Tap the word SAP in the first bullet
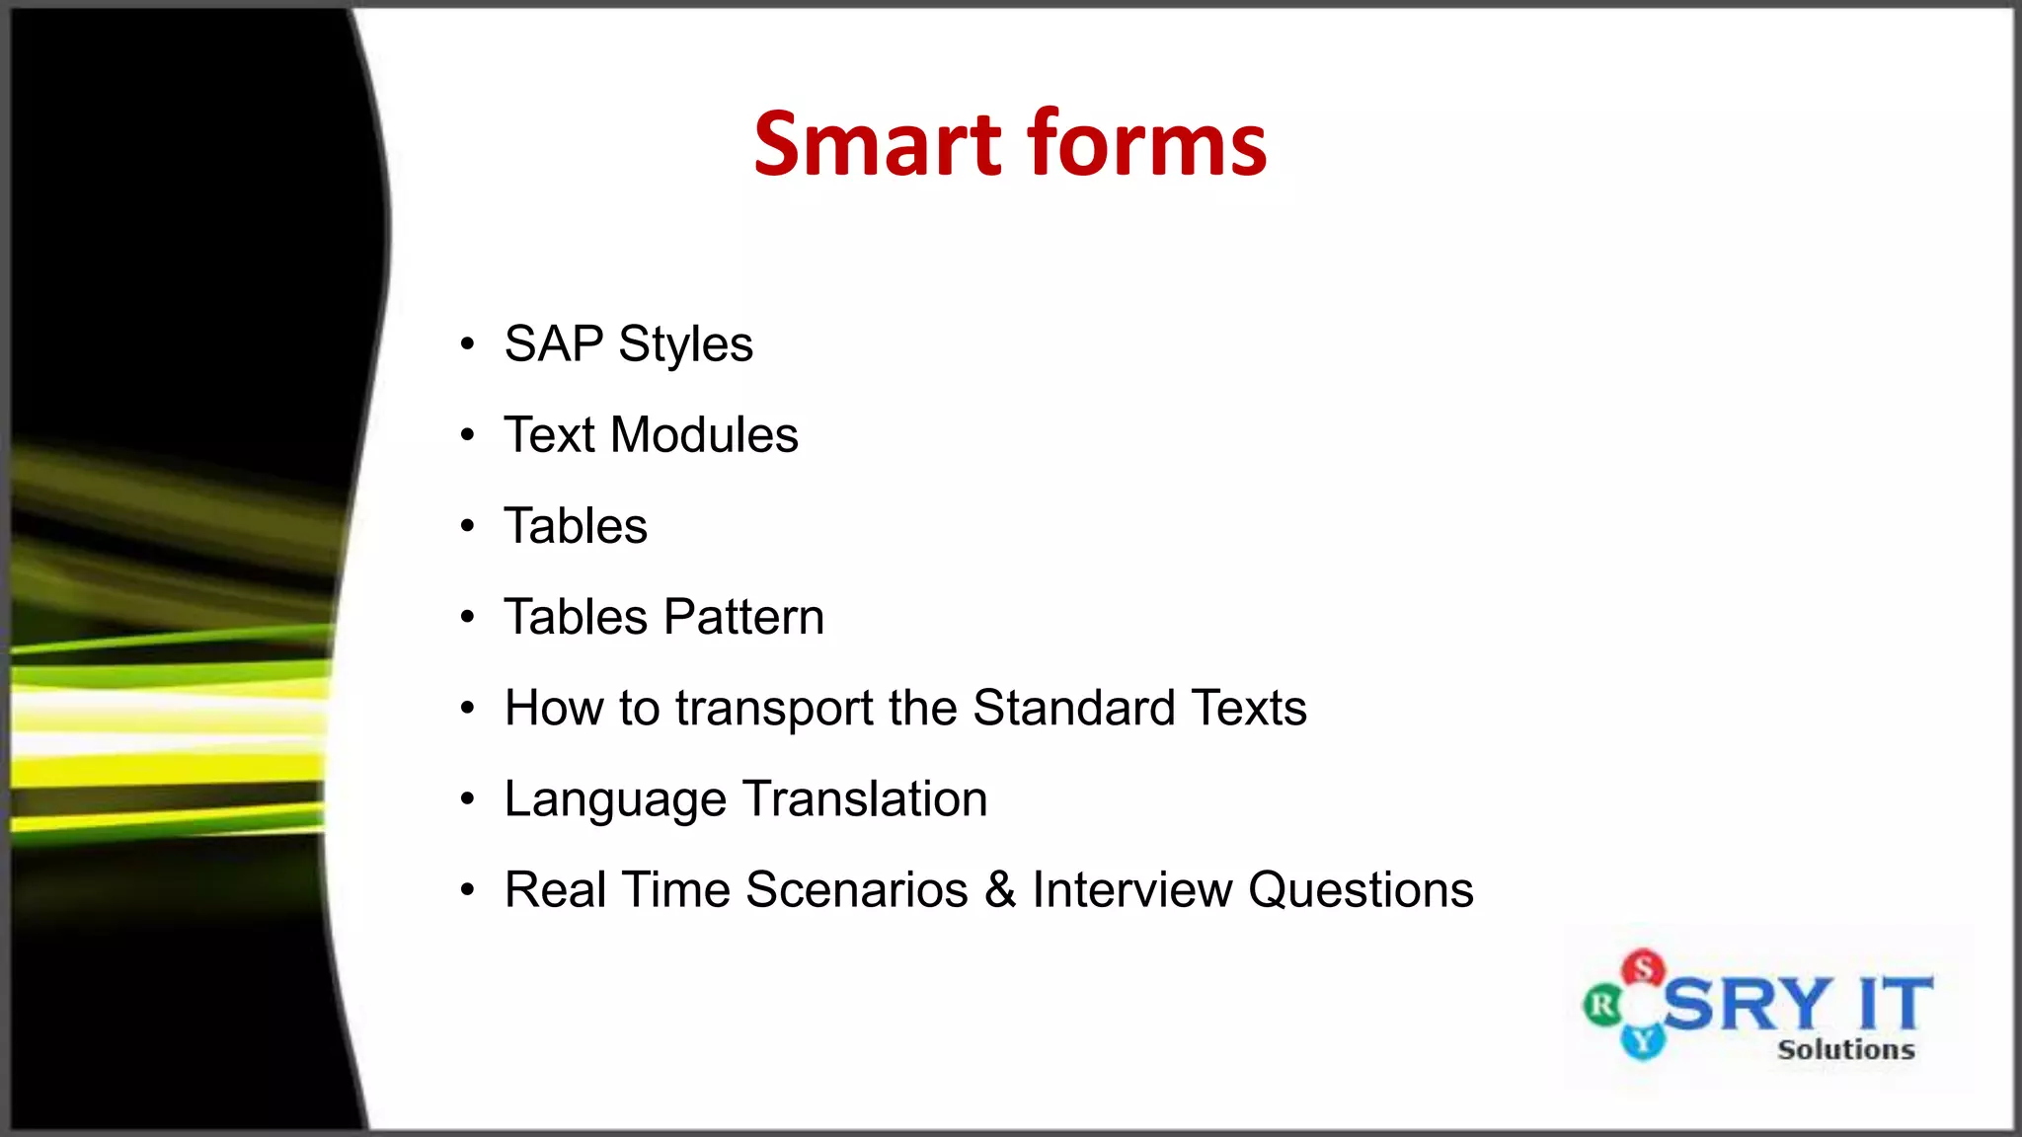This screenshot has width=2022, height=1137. point(553,344)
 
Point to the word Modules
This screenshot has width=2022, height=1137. point(704,435)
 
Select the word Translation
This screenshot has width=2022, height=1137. point(865,798)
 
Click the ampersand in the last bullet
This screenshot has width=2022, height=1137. point(999,890)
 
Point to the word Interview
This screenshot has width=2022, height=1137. point(1131,890)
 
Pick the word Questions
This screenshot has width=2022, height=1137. point(1361,890)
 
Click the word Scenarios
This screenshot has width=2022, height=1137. point(856,890)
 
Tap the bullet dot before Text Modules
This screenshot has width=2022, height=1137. point(468,435)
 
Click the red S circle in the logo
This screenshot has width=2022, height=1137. point(1644,968)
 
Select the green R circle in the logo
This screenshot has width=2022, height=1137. point(1602,1006)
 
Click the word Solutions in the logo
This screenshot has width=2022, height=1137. point(1845,1049)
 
